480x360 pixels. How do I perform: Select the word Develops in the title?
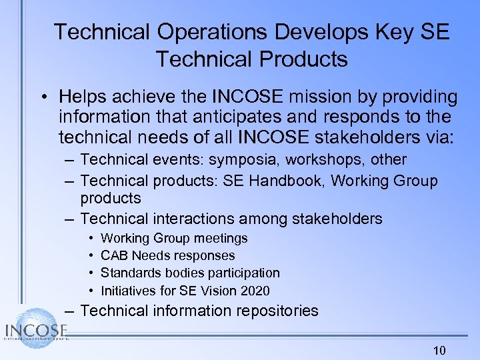click(326, 32)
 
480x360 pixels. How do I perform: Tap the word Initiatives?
click(127, 290)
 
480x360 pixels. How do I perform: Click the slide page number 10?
click(439, 351)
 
